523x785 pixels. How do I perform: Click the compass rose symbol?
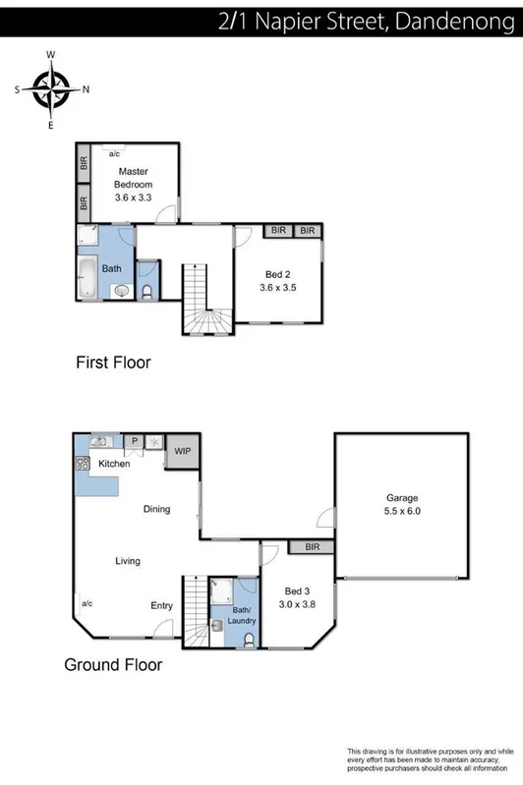pos(51,89)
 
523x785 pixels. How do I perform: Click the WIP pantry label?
pos(182,451)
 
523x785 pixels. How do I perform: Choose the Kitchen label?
pos(113,463)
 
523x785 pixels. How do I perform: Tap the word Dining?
pos(156,509)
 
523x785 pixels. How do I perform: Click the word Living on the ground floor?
pos(127,561)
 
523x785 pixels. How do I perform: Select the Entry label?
pos(161,605)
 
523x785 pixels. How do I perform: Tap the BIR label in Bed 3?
pos(313,546)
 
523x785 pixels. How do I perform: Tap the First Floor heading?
pos(113,363)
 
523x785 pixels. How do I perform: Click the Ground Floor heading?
pos(112,665)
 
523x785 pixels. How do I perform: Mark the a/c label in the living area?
pos(86,603)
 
